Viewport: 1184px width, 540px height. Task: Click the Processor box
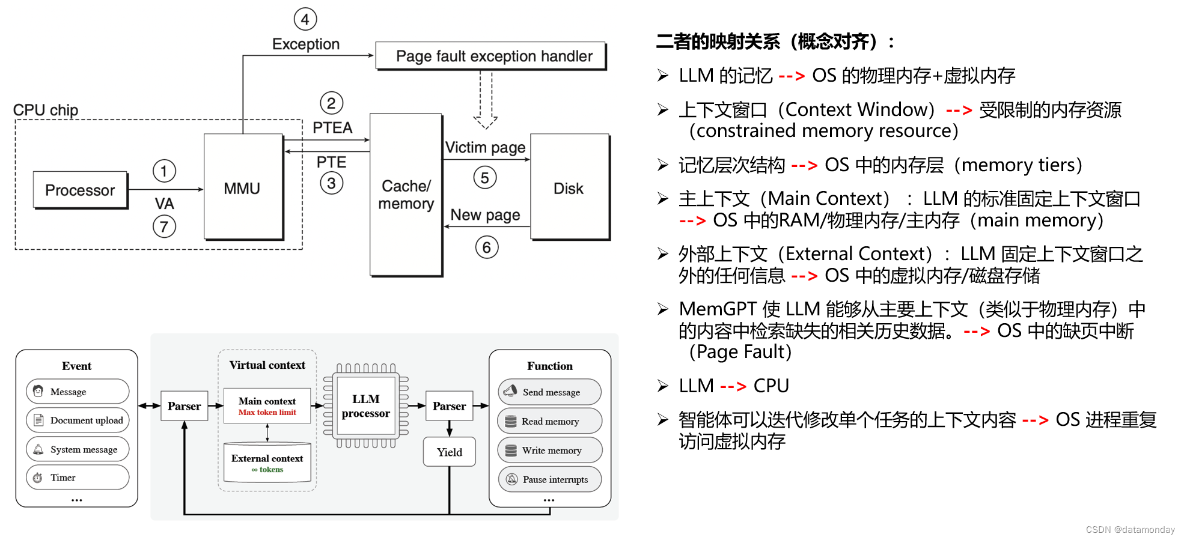[80, 190]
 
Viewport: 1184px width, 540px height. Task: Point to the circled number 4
[305, 19]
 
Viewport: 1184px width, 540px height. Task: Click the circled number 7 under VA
[164, 226]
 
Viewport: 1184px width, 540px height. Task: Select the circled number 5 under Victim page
[484, 178]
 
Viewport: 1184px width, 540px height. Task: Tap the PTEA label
[332, 127]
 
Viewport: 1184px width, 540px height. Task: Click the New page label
[485, 214]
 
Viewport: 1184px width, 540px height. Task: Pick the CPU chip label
[46, 110]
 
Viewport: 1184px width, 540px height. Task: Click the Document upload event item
[78, 420]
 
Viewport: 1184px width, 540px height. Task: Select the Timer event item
[78, 478]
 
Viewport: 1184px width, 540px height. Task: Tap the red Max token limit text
[267, 413]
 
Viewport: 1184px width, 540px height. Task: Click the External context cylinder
[267, 463]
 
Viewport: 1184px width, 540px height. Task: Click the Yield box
[449, 452]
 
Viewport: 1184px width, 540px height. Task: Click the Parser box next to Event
[184, 406]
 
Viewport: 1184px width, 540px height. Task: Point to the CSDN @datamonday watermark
[1130, 529]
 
